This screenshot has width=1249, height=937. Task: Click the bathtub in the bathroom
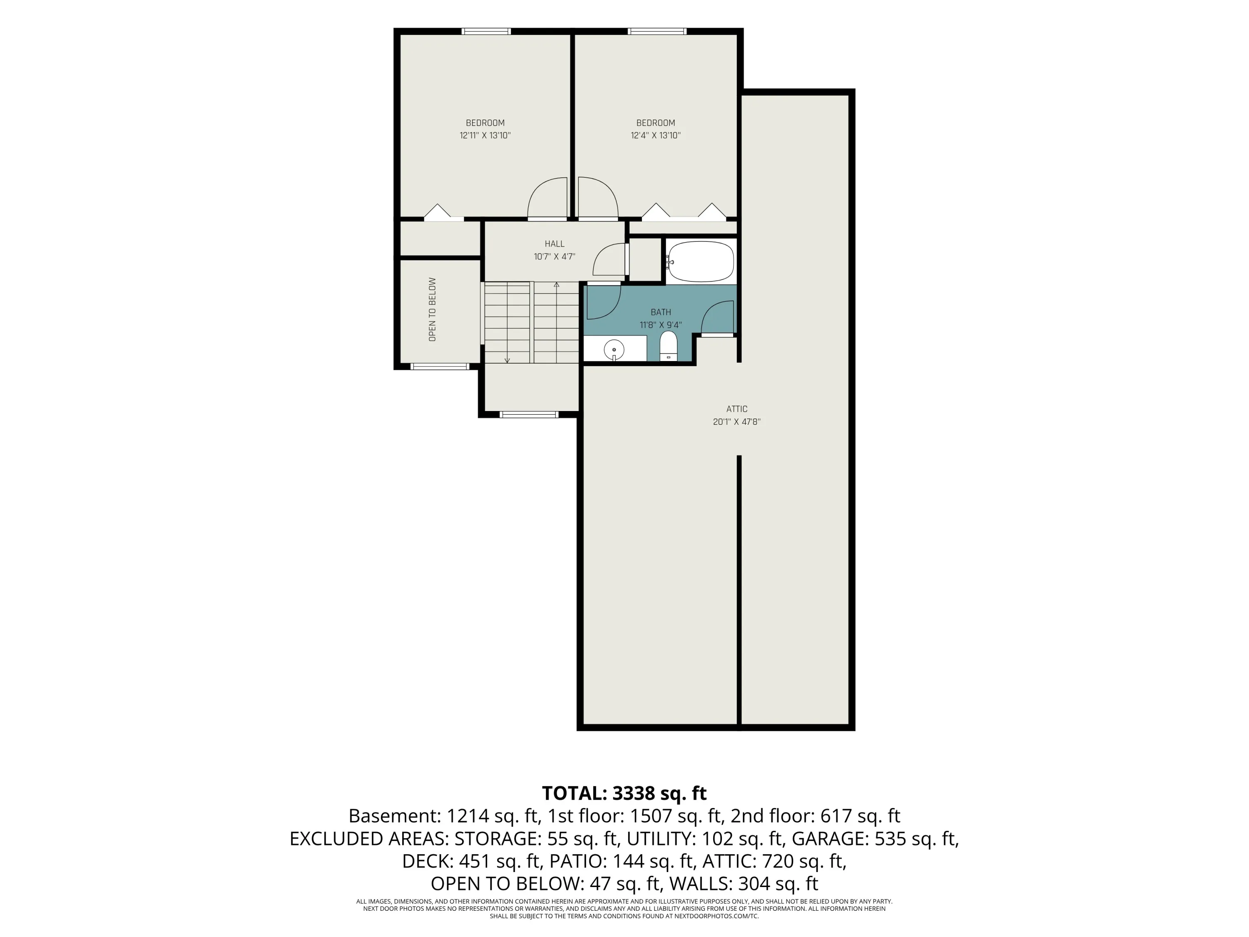[x=701, y=262]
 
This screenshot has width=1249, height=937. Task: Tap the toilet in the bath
[x=669, y=346]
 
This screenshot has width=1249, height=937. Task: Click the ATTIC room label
[x=737, y=409]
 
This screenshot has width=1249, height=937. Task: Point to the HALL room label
[x=555, y=244]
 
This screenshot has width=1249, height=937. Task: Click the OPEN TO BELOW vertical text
[x=433, y=309]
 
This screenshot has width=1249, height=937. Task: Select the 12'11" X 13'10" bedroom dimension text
[x=485, y=135]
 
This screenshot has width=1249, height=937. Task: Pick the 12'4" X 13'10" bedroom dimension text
[x=656, y=135]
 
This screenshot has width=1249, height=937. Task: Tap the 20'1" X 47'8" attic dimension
[x=737, y=422]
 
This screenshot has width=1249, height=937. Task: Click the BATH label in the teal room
[x=661, y=312]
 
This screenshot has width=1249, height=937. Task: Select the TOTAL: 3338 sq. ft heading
[x=624, y=794]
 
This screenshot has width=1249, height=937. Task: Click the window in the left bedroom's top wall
[x=487, y=31]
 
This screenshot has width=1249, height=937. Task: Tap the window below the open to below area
[x=440, y=366]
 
